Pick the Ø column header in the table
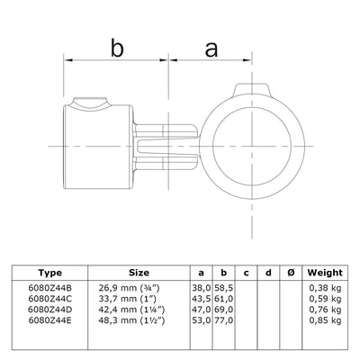click(x=289, y=271)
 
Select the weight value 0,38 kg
click(x=323, y=288)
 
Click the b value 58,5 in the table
click(x=225, y=288)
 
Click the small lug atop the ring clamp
click(x=249, y=90)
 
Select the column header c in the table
click(x=247, y=271)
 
